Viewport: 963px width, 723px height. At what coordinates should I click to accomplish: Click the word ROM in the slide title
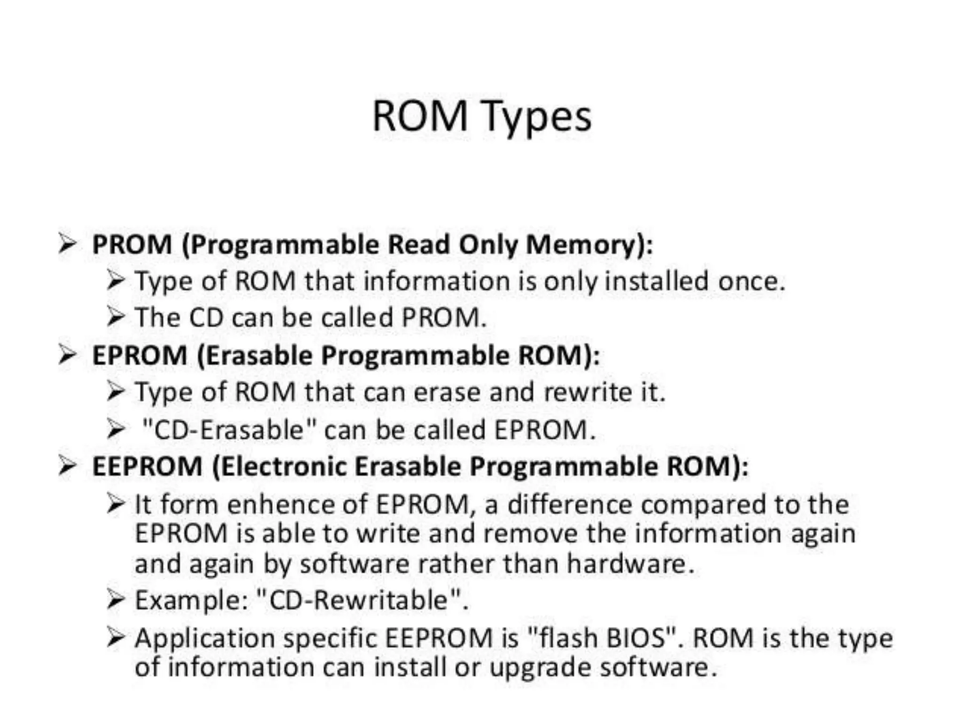click(419, 116)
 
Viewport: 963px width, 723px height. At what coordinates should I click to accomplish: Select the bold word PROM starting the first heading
click(132, 245)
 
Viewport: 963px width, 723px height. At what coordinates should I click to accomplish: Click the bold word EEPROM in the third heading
click(147, 466)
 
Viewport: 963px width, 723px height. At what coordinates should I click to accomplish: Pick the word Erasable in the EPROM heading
click(259, 355)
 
